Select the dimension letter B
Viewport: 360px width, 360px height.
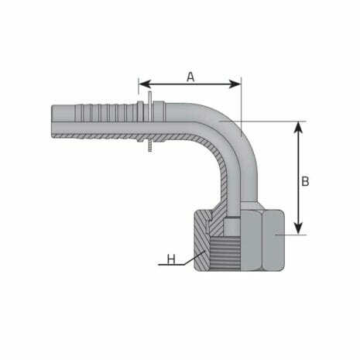(305, 181)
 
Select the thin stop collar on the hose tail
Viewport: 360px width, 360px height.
(146, 124)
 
